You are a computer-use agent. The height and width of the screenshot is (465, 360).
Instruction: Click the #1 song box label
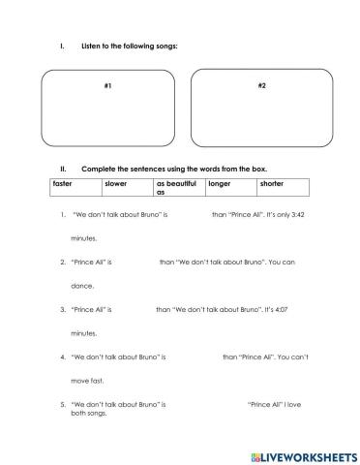(107, 87)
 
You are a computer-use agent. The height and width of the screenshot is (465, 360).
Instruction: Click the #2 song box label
(262, 87)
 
